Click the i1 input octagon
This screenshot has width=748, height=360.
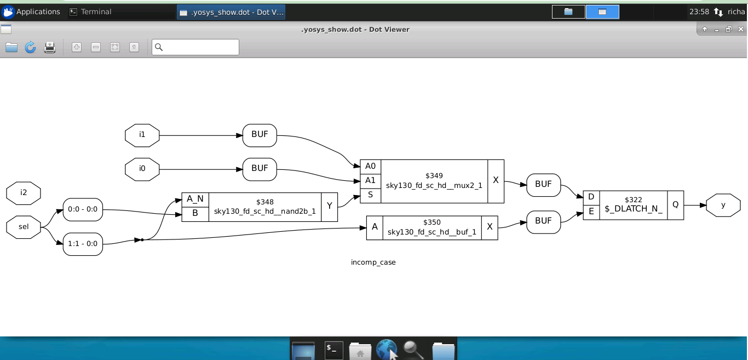click(142, 135)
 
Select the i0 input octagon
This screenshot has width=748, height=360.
click(142, 168)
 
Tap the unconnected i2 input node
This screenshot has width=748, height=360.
click(24, 192)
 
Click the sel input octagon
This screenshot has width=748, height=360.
click(24, 227)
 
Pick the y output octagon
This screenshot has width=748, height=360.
click(723, 205)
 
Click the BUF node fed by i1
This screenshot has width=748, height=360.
click(260, 135)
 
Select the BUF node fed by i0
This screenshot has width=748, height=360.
click(260, 168)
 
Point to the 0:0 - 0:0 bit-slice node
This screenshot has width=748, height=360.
click(83, 209)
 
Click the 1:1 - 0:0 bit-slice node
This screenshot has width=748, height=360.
click(83, 244)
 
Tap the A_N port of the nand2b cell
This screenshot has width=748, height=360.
click(195, 199)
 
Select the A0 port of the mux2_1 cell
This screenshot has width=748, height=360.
click(370, 166)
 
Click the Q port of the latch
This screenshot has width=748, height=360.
click(675, 204)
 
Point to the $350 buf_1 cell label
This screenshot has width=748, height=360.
click(431, 227)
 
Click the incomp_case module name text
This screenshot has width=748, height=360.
click(373, 262)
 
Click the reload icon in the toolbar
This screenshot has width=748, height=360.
click(30, 47)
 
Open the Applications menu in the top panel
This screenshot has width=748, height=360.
click(32, 12)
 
